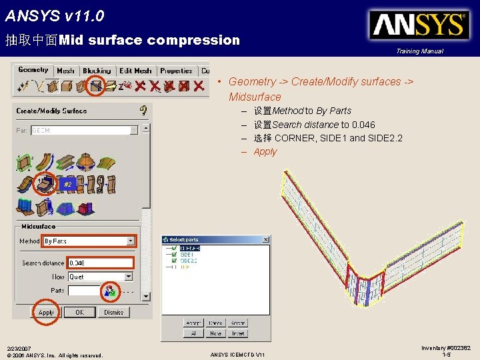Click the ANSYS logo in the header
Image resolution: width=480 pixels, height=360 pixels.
click(x=419, y=25)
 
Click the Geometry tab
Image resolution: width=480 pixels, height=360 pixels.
click(x=33, y=70)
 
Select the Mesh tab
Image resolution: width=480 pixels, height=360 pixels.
click(x=65, y=71)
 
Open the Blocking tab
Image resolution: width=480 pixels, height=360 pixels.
click(x=97, y=71)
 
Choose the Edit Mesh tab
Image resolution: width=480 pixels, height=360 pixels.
click(x=135, y=71)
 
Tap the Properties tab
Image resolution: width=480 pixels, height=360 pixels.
click(x=176, y=71)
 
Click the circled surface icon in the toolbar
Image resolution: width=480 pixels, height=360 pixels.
click(x=97, y=85)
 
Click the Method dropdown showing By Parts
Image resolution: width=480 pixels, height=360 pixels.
click(x=89, y=241)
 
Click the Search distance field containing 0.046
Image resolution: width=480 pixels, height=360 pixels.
click(x=100, y=263)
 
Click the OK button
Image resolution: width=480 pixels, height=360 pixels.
click(x=79, y=312)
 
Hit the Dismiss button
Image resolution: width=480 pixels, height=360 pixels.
click(x=113, y=312)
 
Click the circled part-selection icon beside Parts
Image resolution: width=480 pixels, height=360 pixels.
click(x=108, y=291)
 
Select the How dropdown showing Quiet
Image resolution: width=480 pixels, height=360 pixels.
click(x=100, y=277)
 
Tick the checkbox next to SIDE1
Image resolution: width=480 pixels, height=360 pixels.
click(x=174, y=255)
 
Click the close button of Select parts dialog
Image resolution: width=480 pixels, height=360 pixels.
click(x=265, y=239)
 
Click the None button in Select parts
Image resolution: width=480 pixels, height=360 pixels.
click(x=215, y=333)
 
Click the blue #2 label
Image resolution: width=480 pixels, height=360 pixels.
click(x=67, y=184)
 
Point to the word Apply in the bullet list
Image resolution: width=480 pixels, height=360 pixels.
click(x=265, y=152)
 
